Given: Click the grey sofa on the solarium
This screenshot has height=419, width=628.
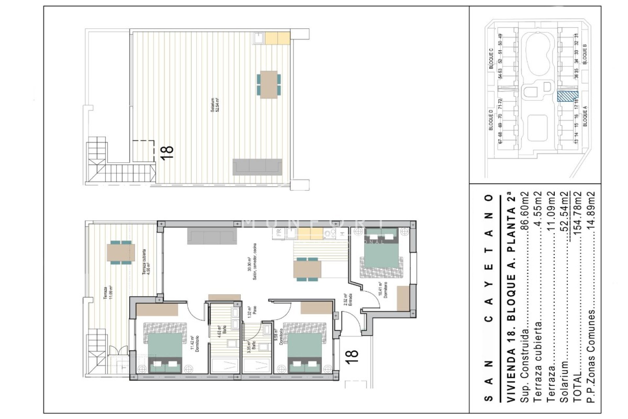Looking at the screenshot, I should point(257,167).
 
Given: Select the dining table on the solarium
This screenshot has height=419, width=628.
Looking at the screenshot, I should point(269,84).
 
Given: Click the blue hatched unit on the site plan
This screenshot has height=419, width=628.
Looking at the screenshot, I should point(567,97).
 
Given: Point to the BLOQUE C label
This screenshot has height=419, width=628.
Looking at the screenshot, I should point(491,59).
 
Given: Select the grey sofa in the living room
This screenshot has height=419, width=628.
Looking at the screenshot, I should point(212,236).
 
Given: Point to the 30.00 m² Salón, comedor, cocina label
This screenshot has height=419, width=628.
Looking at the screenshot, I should point(252,262).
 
